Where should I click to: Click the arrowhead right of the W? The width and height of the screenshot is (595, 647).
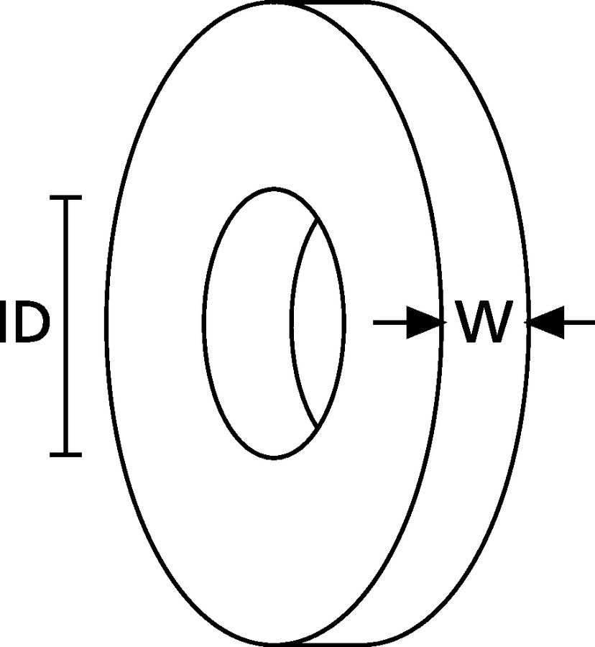(x=546, y=323)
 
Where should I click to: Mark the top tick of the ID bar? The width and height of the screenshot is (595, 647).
(x=66, y=197)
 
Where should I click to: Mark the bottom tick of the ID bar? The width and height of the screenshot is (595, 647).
(x=66, y=454)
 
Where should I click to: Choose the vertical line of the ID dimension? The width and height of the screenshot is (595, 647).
(x=66, y=323)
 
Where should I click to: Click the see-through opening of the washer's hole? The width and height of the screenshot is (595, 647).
(x=318, y=323)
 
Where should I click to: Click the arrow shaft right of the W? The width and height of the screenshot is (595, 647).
(x=578, y=323)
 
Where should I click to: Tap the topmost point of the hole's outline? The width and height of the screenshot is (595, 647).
(x=274, y=189)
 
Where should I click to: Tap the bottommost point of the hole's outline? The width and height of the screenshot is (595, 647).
(x=274, y=458)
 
